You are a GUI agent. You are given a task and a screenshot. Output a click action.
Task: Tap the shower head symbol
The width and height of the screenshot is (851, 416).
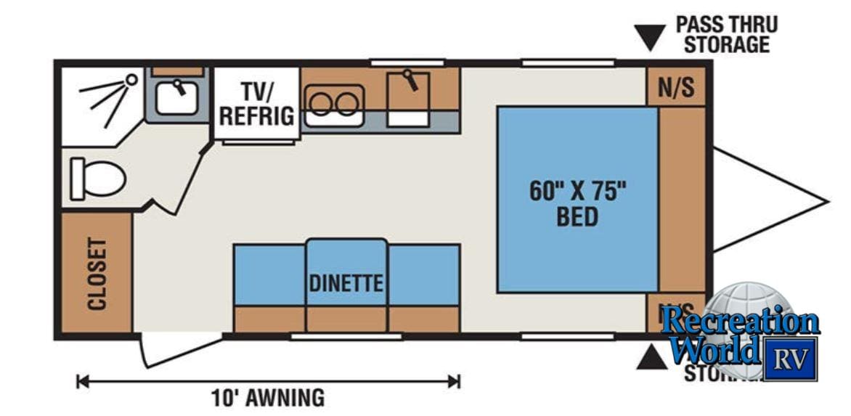131,79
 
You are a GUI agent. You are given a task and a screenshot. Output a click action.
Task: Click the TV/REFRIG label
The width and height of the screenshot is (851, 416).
256,103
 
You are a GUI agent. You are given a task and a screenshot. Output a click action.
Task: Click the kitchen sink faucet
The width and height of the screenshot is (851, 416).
411,78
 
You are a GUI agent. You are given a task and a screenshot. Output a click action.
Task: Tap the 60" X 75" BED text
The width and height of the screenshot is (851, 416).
577,203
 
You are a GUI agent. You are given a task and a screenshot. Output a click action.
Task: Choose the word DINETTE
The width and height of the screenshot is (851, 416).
346,283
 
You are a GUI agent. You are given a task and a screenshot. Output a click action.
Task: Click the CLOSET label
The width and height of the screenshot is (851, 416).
97,274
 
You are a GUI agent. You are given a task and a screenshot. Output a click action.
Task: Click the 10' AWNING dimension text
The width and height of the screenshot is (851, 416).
267,398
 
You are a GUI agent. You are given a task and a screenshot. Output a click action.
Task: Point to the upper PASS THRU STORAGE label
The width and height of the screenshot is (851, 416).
726,34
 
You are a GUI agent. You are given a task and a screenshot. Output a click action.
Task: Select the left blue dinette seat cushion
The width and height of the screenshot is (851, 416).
269,274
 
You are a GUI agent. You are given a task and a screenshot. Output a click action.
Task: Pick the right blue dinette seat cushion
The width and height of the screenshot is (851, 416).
423,274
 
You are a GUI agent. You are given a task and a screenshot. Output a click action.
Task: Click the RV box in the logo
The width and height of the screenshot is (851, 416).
790,358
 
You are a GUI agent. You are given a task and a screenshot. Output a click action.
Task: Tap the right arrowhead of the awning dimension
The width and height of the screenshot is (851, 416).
455,380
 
